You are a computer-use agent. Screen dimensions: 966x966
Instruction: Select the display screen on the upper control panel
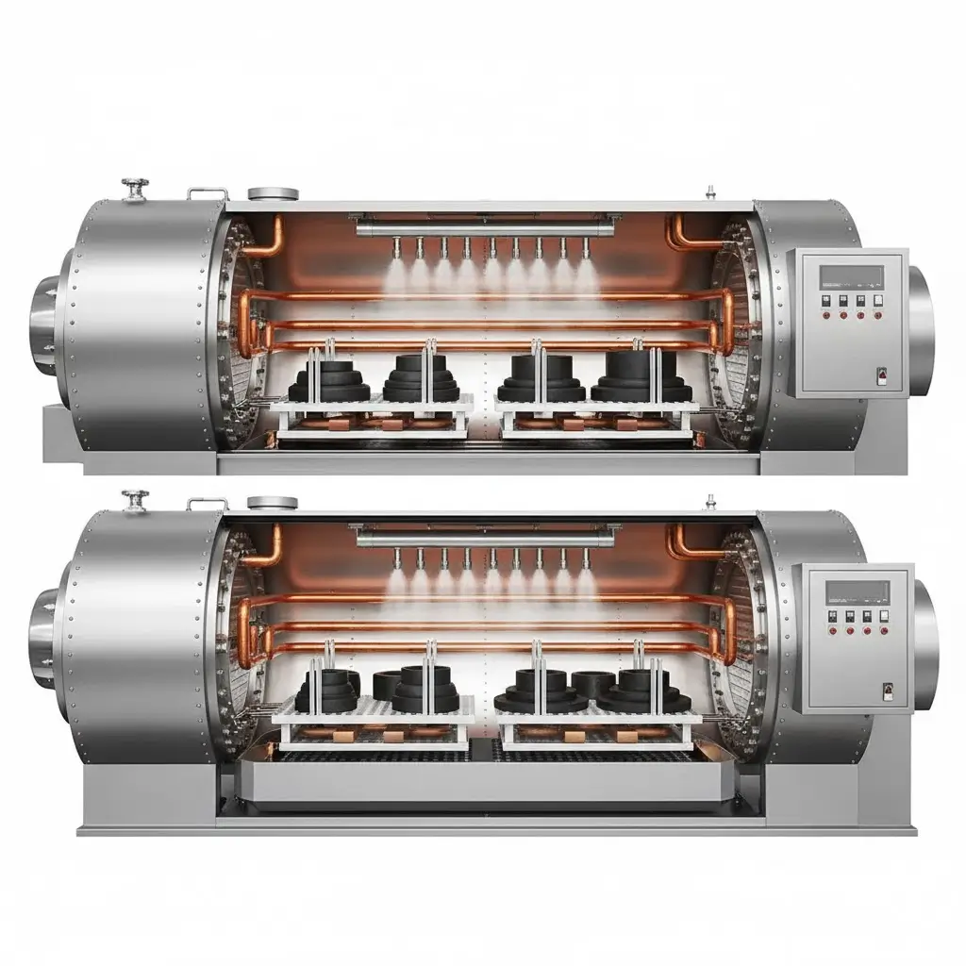(851, 275)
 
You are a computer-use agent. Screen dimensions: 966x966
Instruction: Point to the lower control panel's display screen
(858, 591)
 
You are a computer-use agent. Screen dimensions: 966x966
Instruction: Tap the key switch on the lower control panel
(887, 691)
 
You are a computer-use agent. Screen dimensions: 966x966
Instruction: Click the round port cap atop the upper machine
(273, 194)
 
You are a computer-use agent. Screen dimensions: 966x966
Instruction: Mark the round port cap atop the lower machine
(273, 503)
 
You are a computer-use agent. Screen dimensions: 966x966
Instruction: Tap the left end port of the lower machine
(42, 626)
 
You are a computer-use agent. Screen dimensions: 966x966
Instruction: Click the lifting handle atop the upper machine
(207, 192)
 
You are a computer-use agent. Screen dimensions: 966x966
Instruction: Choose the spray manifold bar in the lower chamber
(485, 538)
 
